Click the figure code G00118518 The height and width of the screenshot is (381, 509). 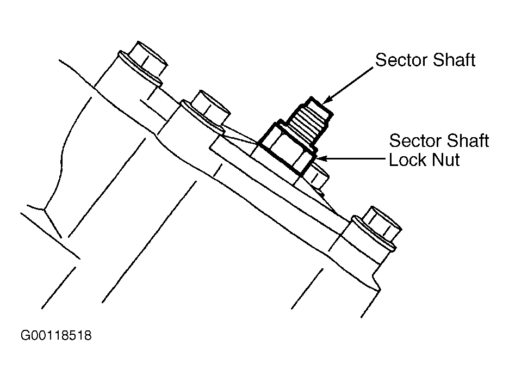[x=56, y=335]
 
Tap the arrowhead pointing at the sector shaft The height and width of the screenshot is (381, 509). [x=328, y=100]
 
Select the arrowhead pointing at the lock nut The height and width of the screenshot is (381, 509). [x=320, y=159]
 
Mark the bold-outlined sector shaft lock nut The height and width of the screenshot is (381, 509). [x=287, y=148]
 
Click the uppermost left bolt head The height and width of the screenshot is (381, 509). [x=148, y=59]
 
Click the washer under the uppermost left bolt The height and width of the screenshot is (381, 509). [x=140, y=68]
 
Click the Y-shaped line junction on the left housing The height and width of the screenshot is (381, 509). [x=44, y=210]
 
